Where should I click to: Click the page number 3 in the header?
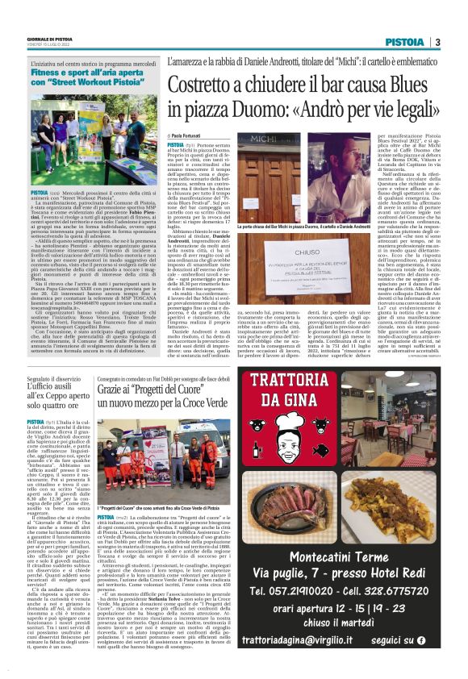pyautogui.click(x=437, y=42)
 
